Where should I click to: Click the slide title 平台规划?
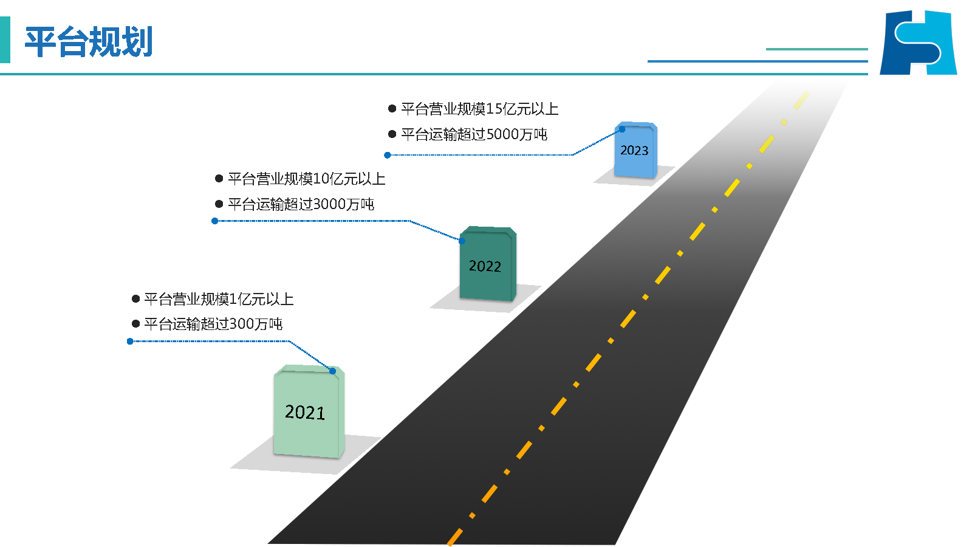89,42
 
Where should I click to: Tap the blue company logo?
918,43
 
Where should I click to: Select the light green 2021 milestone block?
308,412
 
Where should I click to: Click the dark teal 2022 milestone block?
487,265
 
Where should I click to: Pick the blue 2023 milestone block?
635,151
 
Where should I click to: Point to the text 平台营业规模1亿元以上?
219,299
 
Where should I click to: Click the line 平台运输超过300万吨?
213,324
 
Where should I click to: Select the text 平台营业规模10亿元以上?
306,179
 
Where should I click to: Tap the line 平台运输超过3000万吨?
301,204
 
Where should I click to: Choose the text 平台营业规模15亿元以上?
479,109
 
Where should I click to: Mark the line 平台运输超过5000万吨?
474,134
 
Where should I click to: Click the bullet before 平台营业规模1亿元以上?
136,299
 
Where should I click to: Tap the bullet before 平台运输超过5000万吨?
392,134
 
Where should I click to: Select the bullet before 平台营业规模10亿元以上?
219,179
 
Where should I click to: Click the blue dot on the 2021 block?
332,371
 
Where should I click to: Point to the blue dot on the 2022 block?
462,241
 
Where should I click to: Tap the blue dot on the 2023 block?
622,129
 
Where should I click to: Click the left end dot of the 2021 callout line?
130,342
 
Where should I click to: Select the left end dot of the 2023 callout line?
388,156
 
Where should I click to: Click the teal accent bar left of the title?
5,40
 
